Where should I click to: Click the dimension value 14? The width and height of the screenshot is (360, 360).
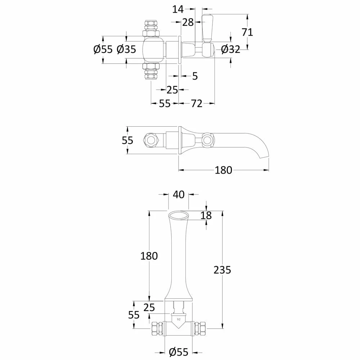(x=178, y=9)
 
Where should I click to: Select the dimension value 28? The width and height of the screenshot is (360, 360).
(x=188, y=22)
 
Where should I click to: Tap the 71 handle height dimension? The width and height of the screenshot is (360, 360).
(x=247, y=32)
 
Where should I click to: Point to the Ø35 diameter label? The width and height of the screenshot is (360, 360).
(x=126, y=49)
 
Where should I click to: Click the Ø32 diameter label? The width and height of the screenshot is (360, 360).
(x=230, y=49)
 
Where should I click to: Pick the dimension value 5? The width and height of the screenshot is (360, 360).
(x=195, y=76)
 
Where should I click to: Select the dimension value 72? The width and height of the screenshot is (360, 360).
(x=197, y=104)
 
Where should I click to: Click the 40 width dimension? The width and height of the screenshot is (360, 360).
(x=179, y=195)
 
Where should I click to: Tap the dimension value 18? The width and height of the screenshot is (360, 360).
(x=206, y=215)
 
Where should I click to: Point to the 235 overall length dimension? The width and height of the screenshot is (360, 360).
(x=222, y=269)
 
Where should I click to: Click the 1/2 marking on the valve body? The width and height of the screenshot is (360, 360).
(x=178, y=319)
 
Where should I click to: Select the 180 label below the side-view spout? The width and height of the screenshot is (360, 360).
(x=224, y=170)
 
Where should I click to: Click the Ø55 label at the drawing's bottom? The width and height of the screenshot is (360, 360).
(x=179, y=352)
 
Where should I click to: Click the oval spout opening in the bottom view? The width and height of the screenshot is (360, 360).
(x=179, y=215)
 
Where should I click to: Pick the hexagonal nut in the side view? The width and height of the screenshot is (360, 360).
(x=149, y=140)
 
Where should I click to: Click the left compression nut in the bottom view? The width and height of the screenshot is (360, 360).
(x=157, y=328)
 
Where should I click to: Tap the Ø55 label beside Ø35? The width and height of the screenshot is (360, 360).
(x=103, y=49)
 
